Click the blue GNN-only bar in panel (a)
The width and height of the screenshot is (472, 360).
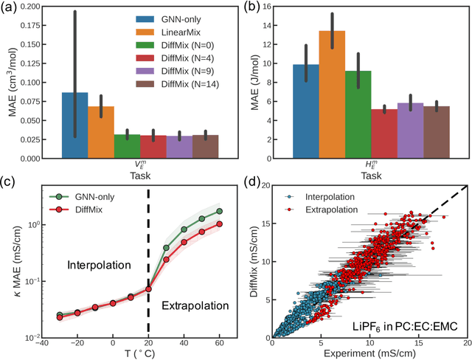(74, 125)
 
